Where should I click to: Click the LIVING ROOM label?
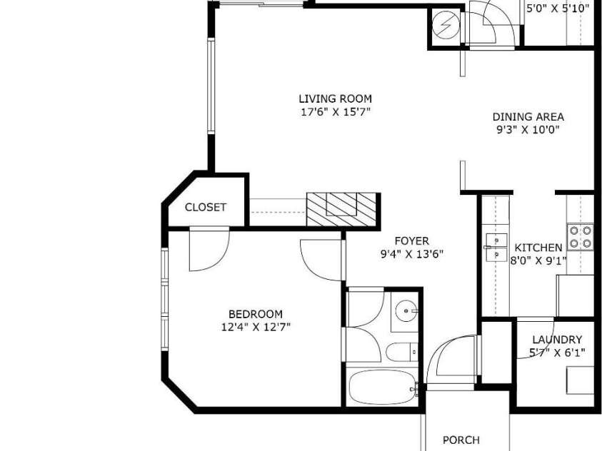point(335,99)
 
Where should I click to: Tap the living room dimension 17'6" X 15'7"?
point(335,112)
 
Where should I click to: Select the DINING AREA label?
point(528,117)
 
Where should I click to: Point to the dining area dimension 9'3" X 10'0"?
point(528,130)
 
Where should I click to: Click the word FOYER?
point(411,241)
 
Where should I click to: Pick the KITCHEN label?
point(538,248)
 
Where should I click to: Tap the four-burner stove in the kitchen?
point(580,237)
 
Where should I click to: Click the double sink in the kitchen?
point(496,248)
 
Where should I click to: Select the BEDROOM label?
point(256,315)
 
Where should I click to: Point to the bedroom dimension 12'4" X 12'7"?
point(256,327)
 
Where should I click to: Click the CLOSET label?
point(206,208)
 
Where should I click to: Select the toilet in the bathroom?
point(401,352)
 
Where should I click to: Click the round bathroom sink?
point(406,310)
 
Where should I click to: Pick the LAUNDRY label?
point(557,340)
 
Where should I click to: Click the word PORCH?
point(461,440)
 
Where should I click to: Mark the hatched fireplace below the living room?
point(341,209)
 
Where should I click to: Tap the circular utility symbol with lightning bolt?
point(446,26)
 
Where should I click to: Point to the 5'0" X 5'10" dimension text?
point(558,9)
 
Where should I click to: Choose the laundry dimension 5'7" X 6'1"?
point(557,353)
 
